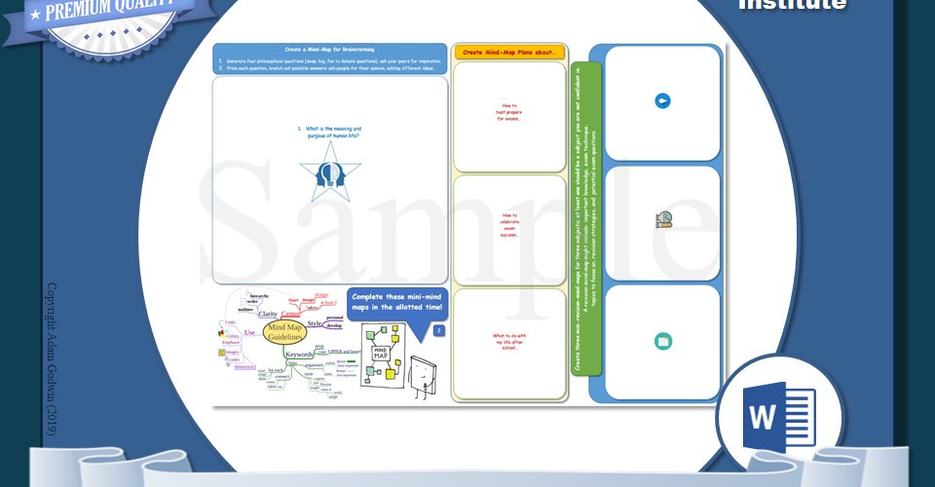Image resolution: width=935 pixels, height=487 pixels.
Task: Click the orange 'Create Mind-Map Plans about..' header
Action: point(509,52)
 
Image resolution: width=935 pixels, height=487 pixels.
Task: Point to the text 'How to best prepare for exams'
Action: point(509,112)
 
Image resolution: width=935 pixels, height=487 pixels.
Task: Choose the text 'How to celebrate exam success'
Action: point(509,224)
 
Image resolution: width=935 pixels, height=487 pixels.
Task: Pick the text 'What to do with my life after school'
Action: point(509,341)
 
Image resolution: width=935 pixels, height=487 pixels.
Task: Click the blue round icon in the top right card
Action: point(662,100)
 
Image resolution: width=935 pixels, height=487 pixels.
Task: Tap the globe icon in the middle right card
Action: point(663,220)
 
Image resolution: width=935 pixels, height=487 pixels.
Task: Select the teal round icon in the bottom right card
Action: point(663,341)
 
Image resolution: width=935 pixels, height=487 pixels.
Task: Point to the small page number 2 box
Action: point(438,331)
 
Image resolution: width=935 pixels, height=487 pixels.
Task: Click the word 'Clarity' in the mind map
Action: point(268,315)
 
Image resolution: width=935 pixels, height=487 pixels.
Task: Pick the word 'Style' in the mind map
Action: point(315,323)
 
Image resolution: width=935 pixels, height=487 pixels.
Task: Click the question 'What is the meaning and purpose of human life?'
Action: point(331,131)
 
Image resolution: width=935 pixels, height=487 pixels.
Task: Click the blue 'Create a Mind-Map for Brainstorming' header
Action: point(330,49)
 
